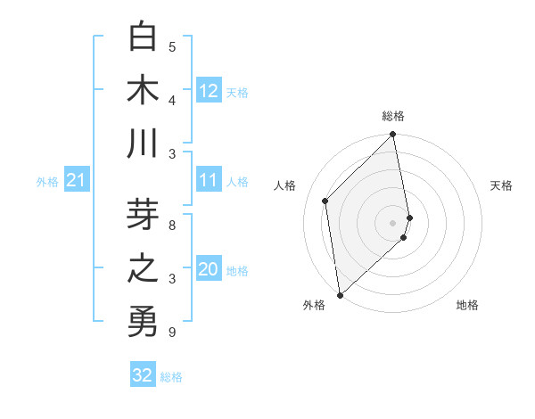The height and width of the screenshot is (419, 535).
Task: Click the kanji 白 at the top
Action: coord(143,37)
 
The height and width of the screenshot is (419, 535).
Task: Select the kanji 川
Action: coord(143,144)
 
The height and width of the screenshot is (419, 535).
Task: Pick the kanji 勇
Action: coord(143,322)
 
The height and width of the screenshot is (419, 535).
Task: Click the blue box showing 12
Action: coord(209,91)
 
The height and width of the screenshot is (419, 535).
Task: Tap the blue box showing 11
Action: coord(209,181)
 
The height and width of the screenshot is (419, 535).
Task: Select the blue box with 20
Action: coord(209,270)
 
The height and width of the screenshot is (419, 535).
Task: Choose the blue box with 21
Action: coord(76,181)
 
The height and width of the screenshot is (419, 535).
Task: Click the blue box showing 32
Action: coord(143,375)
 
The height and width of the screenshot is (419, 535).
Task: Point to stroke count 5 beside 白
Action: coord(172,47)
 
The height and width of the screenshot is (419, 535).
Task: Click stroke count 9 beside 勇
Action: coord(172,333)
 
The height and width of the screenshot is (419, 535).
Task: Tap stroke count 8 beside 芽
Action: coord(172,226)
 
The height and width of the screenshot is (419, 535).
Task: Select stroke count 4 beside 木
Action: coord(172,101)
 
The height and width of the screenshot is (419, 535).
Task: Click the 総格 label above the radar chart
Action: coord(393,116)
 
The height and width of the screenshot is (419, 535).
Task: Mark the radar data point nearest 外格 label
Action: coord(340,294)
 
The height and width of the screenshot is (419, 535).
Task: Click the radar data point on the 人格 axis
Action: coord(325,201)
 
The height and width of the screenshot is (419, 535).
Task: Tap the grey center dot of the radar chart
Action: coord(393,222)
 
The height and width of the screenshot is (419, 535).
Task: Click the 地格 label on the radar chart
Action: coord(467,306)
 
